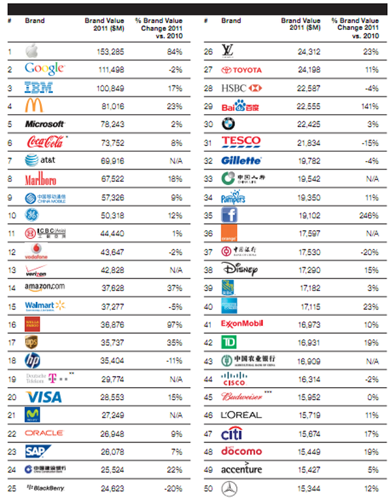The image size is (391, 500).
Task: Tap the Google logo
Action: click(x=44, y=68)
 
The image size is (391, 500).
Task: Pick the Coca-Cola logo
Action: click(x=44, y=141)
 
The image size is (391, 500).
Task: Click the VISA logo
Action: click(x=43, y=396)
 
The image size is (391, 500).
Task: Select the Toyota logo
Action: click(x=242, y=69)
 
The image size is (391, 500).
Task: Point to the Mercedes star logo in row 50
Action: click(x=229, y=488)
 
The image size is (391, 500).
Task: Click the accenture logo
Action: click(x=242, y=469)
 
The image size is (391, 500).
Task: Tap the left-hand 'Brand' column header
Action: click(x=35, y=21)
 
